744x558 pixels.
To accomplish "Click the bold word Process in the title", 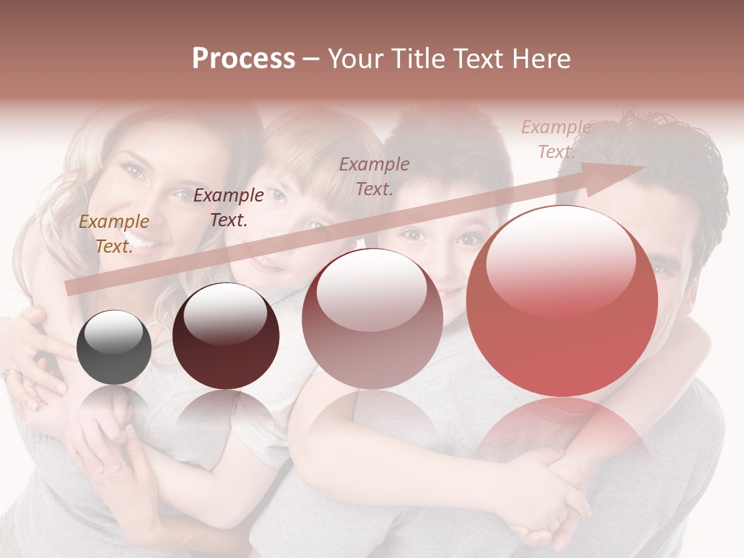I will (x=243, y=59).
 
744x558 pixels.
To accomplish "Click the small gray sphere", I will (x=114, y=347).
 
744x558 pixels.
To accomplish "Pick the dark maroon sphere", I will (x=226, y=336).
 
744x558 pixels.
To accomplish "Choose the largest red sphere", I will (x=562, y=301).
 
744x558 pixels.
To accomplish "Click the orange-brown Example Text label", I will (x=113, y=234).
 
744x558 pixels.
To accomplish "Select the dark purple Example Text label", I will (x=229, y=208).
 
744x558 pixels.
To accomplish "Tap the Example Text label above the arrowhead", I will (x=556, y=139).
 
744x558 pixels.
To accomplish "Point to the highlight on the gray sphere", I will (x=113, y=331).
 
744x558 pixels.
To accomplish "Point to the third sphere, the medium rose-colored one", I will (x=373, y=319).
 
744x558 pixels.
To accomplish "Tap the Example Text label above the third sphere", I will (x=374, y=176).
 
